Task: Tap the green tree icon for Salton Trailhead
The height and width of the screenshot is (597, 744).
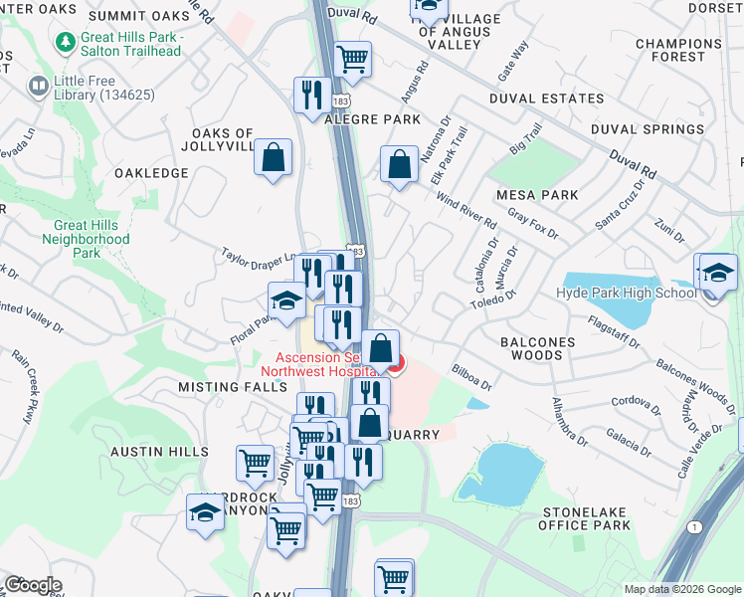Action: tap(66, 44)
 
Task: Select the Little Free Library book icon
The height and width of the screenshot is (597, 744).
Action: tap(39, 87)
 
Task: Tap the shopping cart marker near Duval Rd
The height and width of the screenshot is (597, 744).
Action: tap(353, 60)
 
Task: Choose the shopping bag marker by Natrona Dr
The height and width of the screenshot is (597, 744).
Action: tap(399, 165)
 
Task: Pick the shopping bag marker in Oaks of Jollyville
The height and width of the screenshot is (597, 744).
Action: tap(273, 157)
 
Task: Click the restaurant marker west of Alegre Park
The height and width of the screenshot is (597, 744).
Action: tap(312, 95)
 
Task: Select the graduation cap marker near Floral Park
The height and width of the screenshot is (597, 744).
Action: tap(285, 299)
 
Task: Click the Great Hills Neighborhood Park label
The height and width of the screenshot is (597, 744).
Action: tap(87, 239)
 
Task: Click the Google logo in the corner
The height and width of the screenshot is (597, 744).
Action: tap(33, 584)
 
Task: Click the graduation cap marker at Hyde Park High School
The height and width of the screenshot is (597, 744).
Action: tap(717, 272)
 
